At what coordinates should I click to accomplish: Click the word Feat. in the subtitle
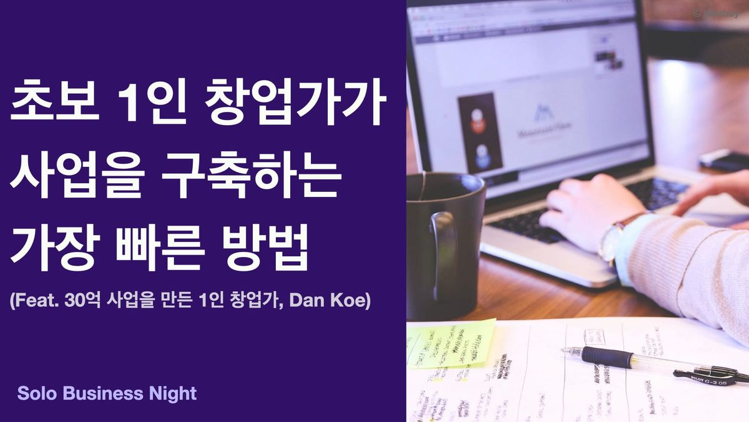coord(35,301)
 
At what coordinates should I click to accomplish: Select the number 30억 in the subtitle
coord(81,301)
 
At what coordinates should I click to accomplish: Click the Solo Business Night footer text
coord(107,393)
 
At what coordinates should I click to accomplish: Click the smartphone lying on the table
coord(724,159)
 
